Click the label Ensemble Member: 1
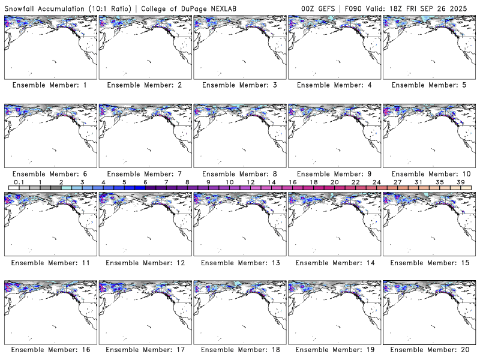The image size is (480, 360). [x=49, y=85]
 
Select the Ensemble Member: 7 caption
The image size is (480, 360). [x=144, y=173]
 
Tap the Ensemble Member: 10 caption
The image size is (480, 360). [x=428, y=173]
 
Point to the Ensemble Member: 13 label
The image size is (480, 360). [x=239, y=262]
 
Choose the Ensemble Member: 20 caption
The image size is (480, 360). [x=428, y=350]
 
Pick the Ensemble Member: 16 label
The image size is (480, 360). [x=49, y=350]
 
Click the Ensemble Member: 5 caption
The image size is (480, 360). [x=428, y=85]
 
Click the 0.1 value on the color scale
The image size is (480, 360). [x=19, y=182]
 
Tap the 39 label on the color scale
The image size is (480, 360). [x=460, y=182]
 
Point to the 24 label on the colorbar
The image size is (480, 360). [x=376, y=182]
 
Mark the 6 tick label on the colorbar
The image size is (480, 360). [x=145, y=182]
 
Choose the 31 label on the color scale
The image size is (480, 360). [x=418, y=182]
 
